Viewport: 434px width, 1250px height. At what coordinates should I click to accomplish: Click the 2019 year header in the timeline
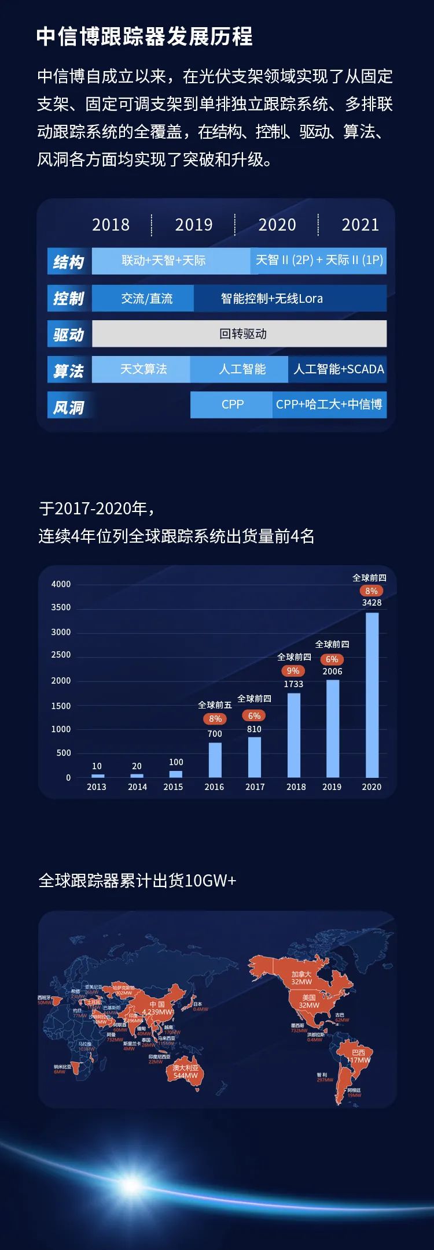click(194, 225)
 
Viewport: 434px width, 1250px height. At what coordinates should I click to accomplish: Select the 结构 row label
click(69, 262)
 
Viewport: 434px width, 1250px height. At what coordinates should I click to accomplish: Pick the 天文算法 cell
click(143, 369)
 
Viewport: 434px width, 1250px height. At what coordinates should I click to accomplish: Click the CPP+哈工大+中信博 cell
click(329, 404)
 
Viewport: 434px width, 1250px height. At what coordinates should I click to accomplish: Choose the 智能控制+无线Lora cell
click(272, 298)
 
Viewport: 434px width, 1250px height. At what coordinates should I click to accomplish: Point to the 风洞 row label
click(69, 407)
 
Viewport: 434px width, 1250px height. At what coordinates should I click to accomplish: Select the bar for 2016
click(215, 759)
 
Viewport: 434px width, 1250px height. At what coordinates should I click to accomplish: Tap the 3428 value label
click(372, 602)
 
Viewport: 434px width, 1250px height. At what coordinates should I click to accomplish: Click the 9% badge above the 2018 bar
click(293, 671)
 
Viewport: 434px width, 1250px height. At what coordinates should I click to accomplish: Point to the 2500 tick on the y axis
click(61, 655)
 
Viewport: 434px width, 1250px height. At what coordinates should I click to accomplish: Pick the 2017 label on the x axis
click(255, 787)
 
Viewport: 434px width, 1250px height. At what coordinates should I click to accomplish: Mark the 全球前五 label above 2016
click(215, 704)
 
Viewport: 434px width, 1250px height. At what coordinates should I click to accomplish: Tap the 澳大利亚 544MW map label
click(186, 1071)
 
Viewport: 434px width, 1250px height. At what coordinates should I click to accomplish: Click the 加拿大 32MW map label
click(301, 977)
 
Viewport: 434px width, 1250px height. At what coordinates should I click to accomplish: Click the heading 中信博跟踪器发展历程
click(145, 36)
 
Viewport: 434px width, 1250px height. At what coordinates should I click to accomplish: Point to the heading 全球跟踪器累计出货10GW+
click(137, 880)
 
